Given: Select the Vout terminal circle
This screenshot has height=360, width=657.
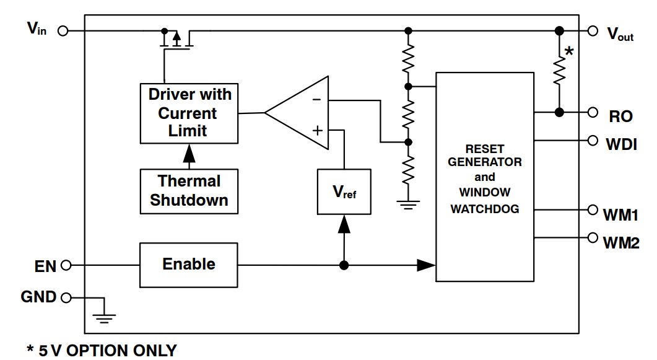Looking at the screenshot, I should click(x=593, y=30).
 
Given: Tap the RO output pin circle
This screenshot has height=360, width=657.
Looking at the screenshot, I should click(x=593, y=112).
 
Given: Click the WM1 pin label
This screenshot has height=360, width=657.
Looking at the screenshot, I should click(x=620, y=215).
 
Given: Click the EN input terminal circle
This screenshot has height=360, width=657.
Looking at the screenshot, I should click(x=66, y=265).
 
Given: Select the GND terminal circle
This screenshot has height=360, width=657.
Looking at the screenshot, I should click(x=66, y=297).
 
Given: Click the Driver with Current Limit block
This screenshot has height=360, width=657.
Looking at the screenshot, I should click(x=189, y=113).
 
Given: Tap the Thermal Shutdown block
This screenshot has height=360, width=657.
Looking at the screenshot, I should click(x=189, y=191).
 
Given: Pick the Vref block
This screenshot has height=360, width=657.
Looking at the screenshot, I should click(x=344, y=192).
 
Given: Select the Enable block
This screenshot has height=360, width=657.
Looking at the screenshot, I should click(x=189, y=265).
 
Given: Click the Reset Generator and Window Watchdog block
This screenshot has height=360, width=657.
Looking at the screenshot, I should click(x=484, y=177).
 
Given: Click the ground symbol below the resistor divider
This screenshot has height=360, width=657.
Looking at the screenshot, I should click(x=407, y=203).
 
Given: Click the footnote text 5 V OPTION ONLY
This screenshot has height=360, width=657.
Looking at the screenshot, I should click(x=102, y=351).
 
